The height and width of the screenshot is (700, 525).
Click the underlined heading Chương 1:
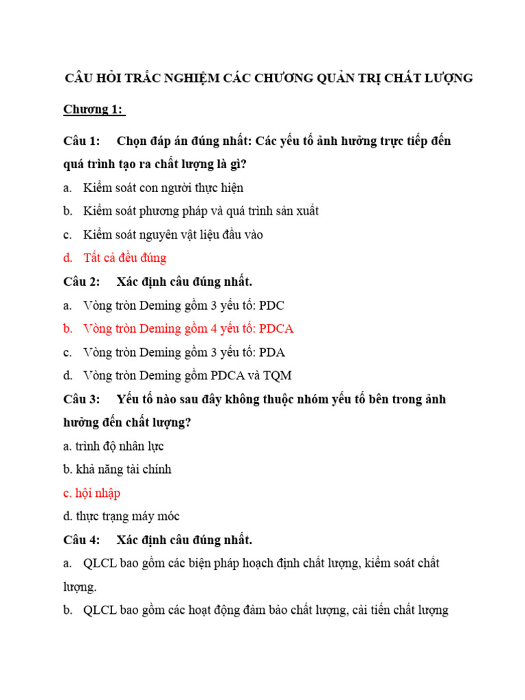tap(94, 109)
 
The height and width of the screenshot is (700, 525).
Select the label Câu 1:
tap(82, 141)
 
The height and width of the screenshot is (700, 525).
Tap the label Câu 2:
tap(82, 281)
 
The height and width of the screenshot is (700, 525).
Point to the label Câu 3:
tap(82, 399)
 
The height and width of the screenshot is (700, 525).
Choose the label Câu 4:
tap(82, 540)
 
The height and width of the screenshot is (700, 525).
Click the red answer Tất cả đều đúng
tap(125, 258)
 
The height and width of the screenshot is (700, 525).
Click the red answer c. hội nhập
tap(92, 493)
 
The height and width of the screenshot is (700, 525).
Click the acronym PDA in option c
tap(271, 352)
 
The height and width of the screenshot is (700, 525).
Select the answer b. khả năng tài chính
tap(117, 470)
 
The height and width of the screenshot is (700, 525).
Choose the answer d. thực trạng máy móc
tap(121, 516)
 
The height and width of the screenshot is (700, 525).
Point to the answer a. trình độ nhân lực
tap(113, 446)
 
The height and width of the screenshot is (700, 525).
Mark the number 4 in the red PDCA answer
tap(215, 328)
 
